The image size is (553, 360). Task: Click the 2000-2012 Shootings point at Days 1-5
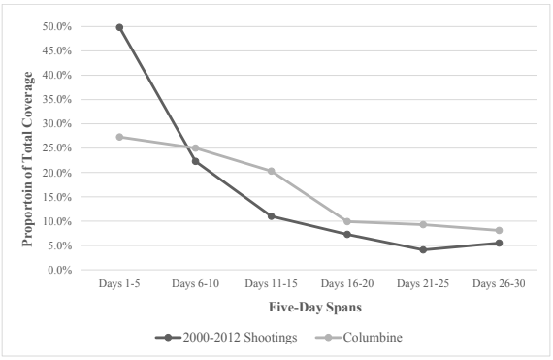(119, 27)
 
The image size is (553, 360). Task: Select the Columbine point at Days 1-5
(119, 137)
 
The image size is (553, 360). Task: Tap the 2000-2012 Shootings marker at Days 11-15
(272, 215)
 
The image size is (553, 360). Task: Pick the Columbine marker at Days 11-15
(272, 171)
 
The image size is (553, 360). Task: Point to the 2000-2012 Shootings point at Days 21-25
(423, 249)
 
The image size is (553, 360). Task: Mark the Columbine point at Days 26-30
(499, 230)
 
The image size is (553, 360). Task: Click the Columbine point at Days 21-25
(423, 224)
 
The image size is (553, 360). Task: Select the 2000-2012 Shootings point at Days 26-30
(499, 243)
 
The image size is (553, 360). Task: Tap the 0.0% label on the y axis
(61, 270)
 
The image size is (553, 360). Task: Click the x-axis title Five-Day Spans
(309, 309)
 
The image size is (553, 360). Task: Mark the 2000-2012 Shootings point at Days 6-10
(195, 161)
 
